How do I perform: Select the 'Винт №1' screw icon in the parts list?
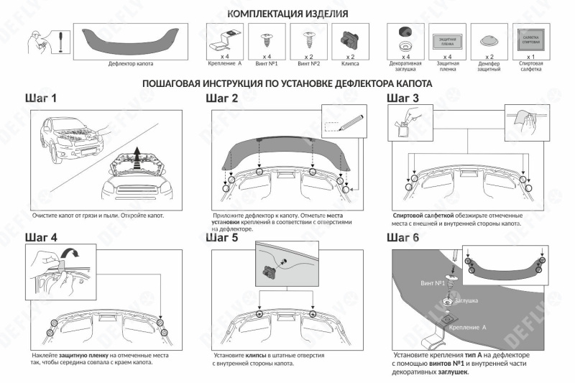click(267, 37)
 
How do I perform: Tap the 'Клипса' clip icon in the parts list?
click(351, 37)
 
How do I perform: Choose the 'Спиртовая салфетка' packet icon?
click(530, 38)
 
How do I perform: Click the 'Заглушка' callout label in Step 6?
click(471, 301)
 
